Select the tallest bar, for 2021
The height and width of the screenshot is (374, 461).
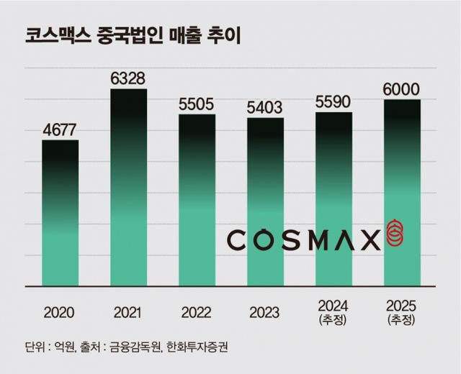128,188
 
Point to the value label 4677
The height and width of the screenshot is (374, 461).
60,130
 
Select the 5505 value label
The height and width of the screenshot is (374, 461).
197,104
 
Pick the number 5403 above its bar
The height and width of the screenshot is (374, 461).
265,108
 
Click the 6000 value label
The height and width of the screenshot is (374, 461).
401,90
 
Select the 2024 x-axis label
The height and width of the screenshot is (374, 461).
334,306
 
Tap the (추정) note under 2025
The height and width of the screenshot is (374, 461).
401,319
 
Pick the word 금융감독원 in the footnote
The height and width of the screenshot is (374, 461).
135,347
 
